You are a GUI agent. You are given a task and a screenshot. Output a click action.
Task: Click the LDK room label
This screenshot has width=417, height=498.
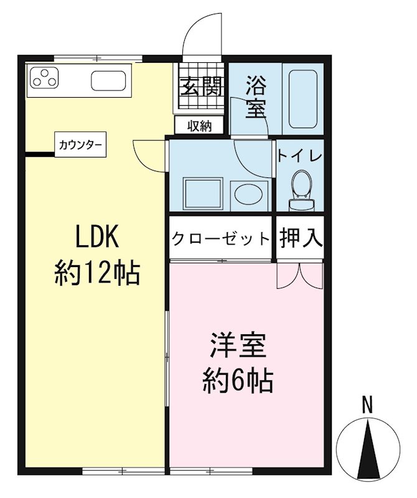(x=96, y=237)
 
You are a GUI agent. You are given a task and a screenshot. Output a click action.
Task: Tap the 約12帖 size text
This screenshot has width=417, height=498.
(x=96, y=273)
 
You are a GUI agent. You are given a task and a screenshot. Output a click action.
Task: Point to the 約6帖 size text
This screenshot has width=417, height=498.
(x=238, y=380)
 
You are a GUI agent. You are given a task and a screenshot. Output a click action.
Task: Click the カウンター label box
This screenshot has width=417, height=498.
(x=80, y=144)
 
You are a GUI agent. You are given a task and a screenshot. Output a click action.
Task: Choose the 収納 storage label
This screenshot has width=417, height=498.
(x=200, y=126)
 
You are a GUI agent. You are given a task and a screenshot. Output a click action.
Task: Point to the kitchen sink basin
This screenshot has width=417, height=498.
(x=109, y=81)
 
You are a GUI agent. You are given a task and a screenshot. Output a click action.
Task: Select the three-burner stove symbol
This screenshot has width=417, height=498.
(x=43, y=79)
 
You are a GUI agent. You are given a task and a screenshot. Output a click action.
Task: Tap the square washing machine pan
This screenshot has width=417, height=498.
(x=202, y=194)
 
